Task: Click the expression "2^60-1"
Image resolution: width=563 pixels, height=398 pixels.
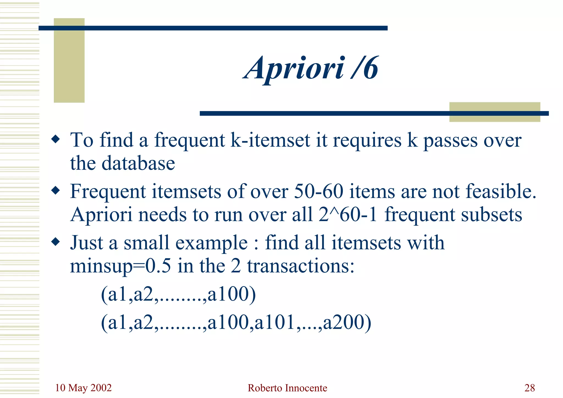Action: (348, 215)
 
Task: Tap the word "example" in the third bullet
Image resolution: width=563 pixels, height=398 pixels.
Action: (211, 243)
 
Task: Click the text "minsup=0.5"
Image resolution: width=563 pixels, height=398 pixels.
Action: (120, 266)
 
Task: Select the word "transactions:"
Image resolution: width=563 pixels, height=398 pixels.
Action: (301, 266)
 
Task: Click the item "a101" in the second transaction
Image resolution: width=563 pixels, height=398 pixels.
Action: (275, 323)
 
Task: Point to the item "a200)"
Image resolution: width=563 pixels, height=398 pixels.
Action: (347, 323)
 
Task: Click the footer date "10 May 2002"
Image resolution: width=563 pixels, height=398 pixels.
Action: (83, 388)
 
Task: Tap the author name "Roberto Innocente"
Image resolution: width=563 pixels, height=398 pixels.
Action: (287, 388)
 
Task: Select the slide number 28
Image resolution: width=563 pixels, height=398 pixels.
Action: (529, 388)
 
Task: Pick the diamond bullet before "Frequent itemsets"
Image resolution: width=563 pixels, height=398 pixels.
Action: (56, 190)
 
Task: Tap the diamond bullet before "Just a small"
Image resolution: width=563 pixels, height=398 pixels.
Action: (56, 242)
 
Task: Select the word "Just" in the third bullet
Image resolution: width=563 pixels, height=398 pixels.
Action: (86, 243)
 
